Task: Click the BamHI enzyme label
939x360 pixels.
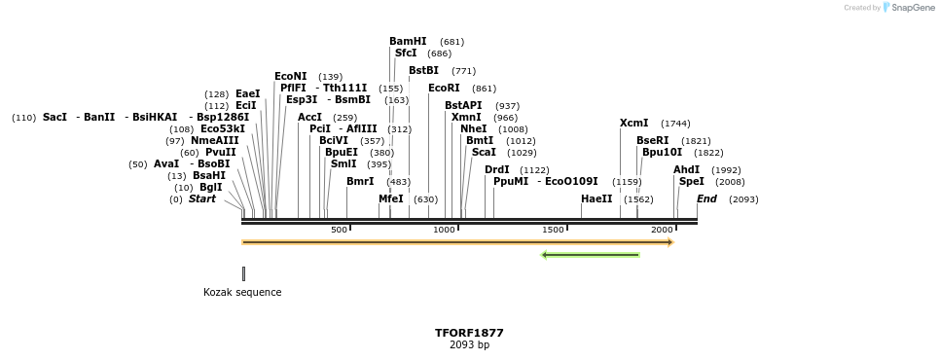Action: click(408, 42)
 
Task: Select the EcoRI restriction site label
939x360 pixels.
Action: click(444, 89)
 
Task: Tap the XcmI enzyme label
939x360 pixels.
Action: click(633, 124)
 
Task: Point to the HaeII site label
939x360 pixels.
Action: click(596, 199)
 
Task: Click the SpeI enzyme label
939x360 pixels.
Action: click(691, 182)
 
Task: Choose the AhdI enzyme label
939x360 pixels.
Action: click(686, 170)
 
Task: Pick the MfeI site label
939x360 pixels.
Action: click(390, 199)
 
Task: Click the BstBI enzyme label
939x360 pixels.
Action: click(423, 71)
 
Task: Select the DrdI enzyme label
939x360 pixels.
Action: click(496, 170)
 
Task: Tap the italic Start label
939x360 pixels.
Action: click(202, 199)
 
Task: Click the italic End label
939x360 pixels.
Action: click(706, 199)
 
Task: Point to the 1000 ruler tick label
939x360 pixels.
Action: click(444, 230)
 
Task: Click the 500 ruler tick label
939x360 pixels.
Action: click(339, 230)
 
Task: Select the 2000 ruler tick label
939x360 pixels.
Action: click(662, 230)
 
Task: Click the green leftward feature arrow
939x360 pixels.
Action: click(590, 255)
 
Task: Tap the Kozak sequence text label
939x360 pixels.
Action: click(242, 292)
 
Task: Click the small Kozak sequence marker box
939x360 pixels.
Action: click(243, 273)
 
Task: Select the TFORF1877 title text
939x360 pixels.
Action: click(469, 333)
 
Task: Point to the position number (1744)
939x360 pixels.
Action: click(675, 124)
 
